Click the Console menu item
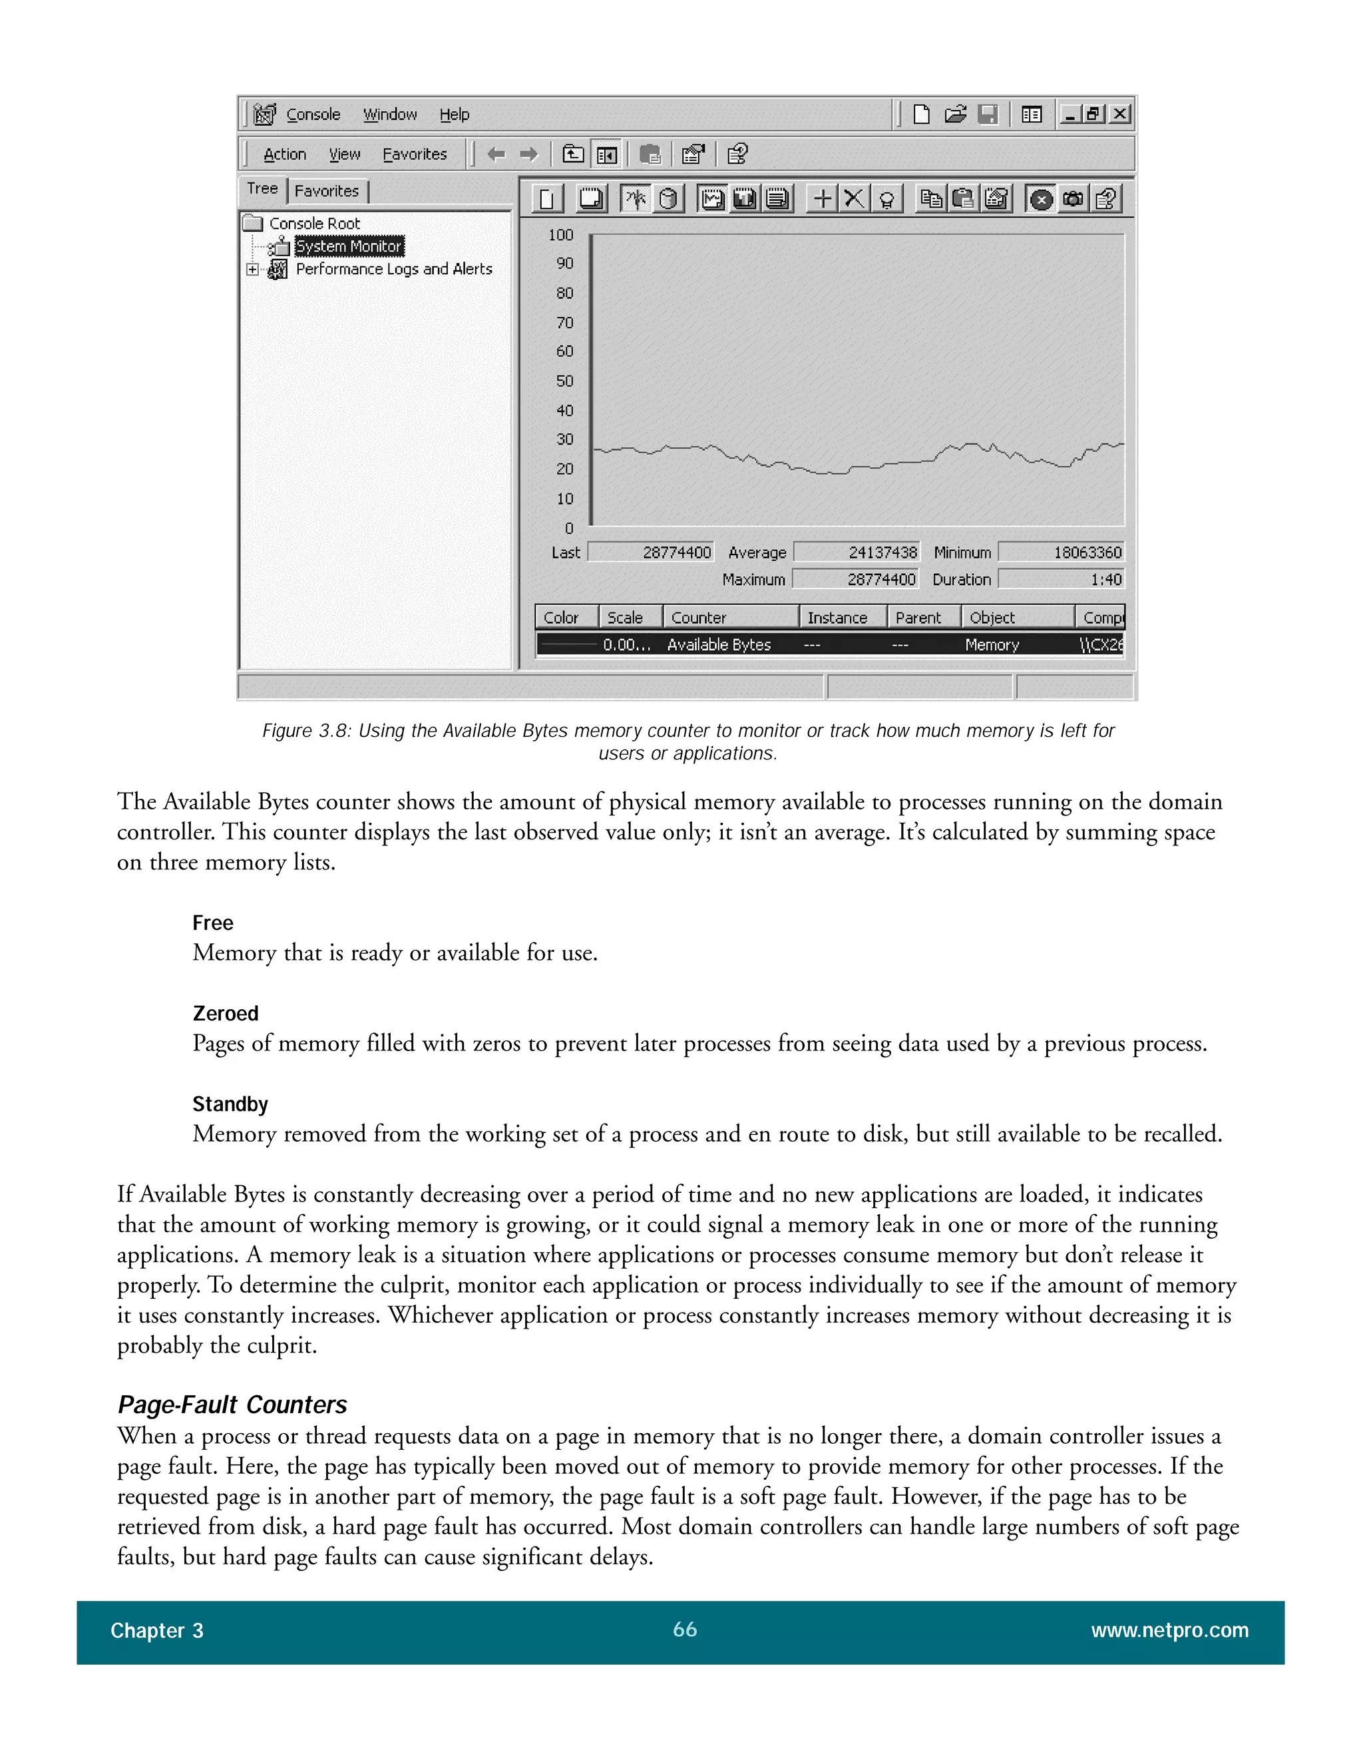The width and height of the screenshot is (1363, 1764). [x=313, y=114]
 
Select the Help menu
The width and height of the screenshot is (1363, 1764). [x=454, y=114]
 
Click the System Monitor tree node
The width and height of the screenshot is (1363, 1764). [x=348, y=246]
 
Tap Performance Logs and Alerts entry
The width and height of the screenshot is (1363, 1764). [x=393, y=269]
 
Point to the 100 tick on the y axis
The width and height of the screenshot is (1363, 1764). [x=560, y=235]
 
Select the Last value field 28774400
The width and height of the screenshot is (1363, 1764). [x=651, y=552]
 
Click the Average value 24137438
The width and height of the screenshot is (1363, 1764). [x=857, y=552]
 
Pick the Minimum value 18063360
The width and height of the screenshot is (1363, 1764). [x=1061, y=552]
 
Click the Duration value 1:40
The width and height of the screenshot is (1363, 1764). [x=1061, y=580]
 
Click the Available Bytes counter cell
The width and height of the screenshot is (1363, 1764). [x=719, y=644]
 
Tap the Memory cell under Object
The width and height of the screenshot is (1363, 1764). [x=992, y=644]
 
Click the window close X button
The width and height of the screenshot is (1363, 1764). [x=1119, y=114]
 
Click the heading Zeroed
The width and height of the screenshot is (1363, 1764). [x=226, y=1014]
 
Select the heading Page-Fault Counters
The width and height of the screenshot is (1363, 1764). [x=232, y=1405]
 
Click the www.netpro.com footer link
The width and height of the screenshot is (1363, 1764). [x=1169, y=1631]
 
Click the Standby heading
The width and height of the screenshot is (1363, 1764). [x=230, y=1104]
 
